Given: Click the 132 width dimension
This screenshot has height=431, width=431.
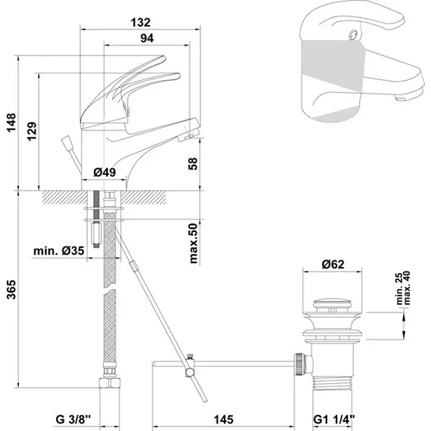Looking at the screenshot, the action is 141,23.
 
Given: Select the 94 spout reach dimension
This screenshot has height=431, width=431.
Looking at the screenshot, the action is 147,39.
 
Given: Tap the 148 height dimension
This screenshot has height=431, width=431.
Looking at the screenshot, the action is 11,122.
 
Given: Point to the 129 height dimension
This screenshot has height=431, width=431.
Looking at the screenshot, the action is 32,132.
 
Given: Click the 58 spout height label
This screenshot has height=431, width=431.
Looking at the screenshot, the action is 193,163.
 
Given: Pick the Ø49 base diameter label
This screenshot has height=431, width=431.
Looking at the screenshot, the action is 104,172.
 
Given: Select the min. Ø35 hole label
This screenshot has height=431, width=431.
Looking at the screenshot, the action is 59,251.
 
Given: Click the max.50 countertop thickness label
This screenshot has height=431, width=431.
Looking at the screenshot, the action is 194,243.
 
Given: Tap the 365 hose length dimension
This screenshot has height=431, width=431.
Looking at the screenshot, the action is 11,290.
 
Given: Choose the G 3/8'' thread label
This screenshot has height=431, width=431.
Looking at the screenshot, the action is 73,420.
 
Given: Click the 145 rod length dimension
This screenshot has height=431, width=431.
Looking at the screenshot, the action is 224,420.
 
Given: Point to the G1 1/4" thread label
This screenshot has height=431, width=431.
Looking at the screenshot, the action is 334,420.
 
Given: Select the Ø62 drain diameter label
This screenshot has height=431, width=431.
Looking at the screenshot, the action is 333,264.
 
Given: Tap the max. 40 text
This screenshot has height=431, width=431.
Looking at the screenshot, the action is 407,288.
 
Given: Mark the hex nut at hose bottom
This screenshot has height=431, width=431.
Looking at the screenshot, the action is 110,383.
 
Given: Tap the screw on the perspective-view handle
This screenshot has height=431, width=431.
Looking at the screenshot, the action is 353,35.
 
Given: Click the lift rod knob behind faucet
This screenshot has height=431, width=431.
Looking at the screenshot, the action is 67,142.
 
